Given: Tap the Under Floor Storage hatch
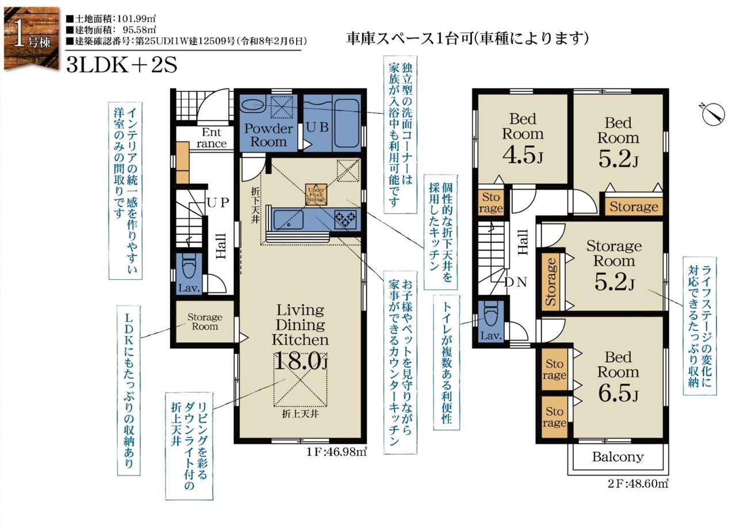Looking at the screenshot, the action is point(316,195).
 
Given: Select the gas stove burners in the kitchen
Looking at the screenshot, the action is point(345,219).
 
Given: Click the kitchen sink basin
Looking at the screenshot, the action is point(288,219).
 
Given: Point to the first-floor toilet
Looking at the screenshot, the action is point(189,268).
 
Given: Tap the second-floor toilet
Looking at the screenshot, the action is point(491,314).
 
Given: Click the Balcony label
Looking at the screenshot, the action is point(618,457).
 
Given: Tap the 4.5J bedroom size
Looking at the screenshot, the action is point(523,155).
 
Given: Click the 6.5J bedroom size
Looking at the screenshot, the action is point(618,393).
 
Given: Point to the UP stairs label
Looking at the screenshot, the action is point(217,203).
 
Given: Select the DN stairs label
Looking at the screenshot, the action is point(516,282).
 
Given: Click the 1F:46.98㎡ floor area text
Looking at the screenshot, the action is point(336,452).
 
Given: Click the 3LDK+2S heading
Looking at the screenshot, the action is point(121,65).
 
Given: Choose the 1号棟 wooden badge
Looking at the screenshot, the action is point(31,38).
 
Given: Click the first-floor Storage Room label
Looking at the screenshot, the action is point(205,322).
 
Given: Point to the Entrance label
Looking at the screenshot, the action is point(211,138).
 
